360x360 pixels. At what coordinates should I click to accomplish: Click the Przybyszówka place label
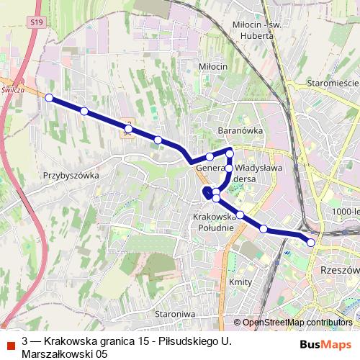click(70, 175)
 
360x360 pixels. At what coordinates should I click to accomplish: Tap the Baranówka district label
click(240, 131)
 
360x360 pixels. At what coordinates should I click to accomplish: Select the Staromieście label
click(333, 84)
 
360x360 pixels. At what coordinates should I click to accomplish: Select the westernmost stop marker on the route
click(49, 98)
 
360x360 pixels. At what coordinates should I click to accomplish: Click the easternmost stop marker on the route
click(311, 243)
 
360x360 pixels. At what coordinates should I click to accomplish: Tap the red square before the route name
click(10, 341)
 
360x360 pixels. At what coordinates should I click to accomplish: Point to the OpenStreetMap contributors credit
click(297, 323)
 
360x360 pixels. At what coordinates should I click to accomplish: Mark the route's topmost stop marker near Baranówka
click(230, 153)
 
